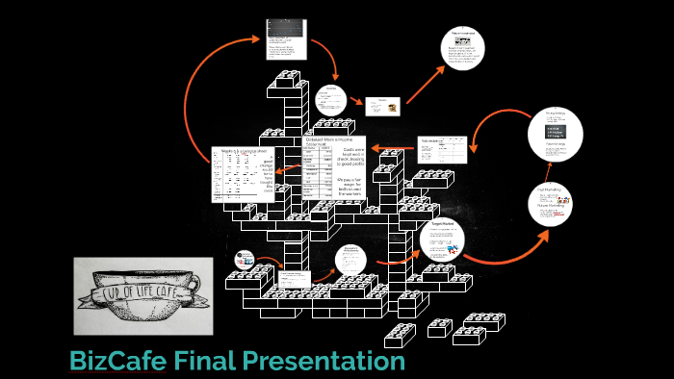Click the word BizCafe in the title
pos(117,362)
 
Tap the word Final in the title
pos(203,362)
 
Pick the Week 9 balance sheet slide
pos(243,174)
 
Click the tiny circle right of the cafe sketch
pos(244,260)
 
